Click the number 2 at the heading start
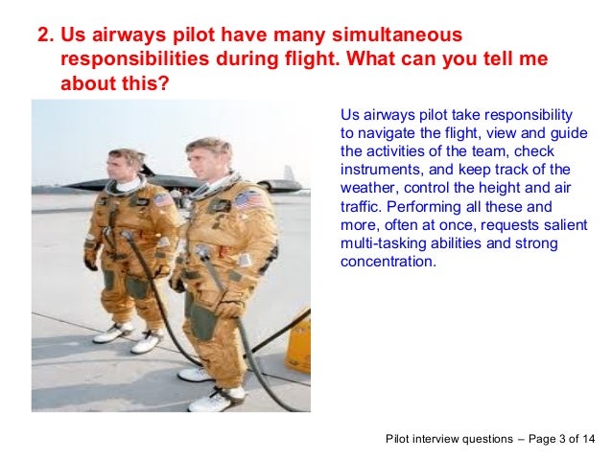click(x=42, y=36)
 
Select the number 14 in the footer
click(x=587, y=439)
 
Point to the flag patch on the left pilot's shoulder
click(x=162, y=199)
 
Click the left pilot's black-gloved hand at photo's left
click(x=90, y=261)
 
